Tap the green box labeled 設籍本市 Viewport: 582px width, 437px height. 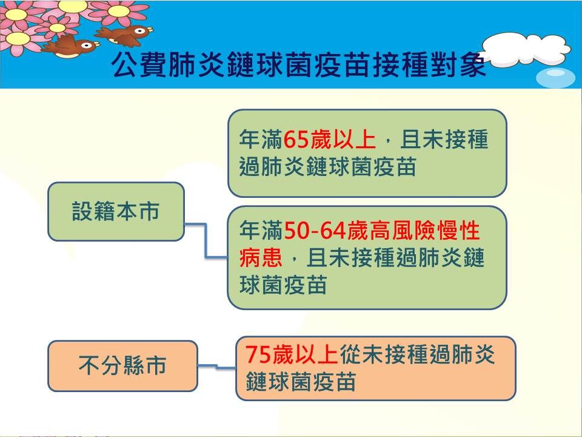pyautogui.click(x=116, y=211)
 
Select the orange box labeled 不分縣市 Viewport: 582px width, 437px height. pyautogui.click(x=122, y=366)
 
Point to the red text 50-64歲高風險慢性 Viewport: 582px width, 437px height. pyautogui.click(x=382, y=231)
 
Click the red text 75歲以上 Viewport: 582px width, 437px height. pyautogui.click(x=292, y=354)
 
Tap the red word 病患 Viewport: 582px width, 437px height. pyautogui.click(x=261, y=257)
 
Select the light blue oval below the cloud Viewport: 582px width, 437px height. pyautogui.click(x=555, y=78)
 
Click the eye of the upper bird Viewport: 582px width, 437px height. pyautogui.click(x=141, y=30)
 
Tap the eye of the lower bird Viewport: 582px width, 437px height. pyautogui.click(x=86, y=46)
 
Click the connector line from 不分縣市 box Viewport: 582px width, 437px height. pyautogui.click(x=217, y=367)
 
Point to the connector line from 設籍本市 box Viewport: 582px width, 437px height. pyautogui.click(x=206, y=240)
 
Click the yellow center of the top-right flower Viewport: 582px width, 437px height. pyautogui.click(x=118, y=11)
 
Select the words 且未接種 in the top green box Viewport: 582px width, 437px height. pyautogui.click(x=444, y=140)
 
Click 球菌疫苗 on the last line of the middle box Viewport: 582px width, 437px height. pyautogui.click(x=283, y=285)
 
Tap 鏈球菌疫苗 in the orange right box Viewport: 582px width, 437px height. pyautogui.click(x=301, y=381)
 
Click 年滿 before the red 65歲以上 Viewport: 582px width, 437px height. pyautogui.click(x=261, y=140)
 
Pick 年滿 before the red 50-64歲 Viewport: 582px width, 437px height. pyautogui.click(x=261, y=231)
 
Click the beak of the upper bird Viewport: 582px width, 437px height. pyautogui.click(x=150, y=29)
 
